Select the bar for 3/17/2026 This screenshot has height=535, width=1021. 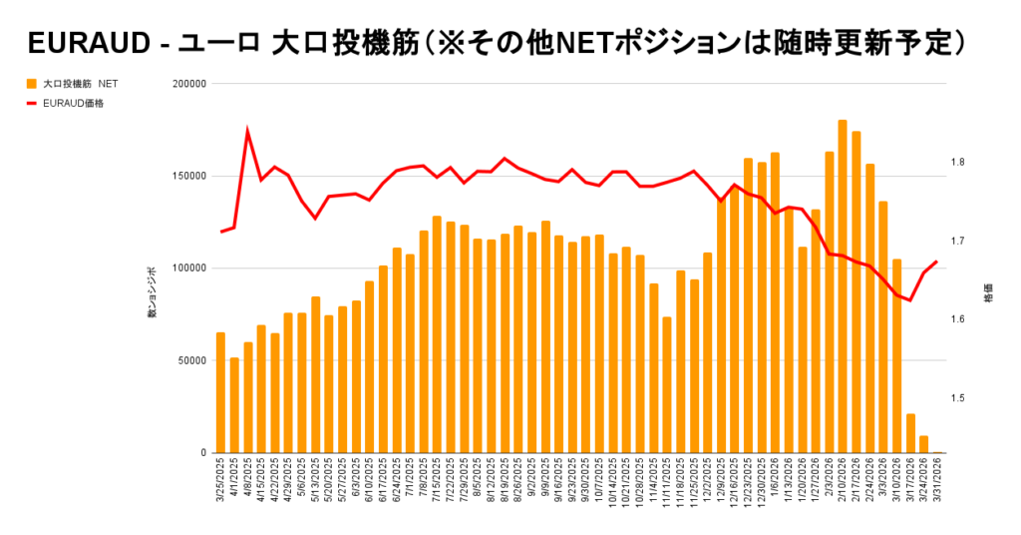pos(910,433)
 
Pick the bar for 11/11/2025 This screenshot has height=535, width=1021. pos(667,385)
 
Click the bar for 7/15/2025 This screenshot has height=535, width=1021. pos(437,334)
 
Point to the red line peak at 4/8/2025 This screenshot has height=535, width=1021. pos(247,131)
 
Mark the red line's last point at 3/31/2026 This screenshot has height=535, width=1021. pos(936,262)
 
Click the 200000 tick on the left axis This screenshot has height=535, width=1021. pos(188,84)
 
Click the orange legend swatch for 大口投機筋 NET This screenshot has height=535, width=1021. pos(32,84)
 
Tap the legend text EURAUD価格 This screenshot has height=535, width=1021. pos(75,102)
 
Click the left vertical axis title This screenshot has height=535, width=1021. pos(153,292)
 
